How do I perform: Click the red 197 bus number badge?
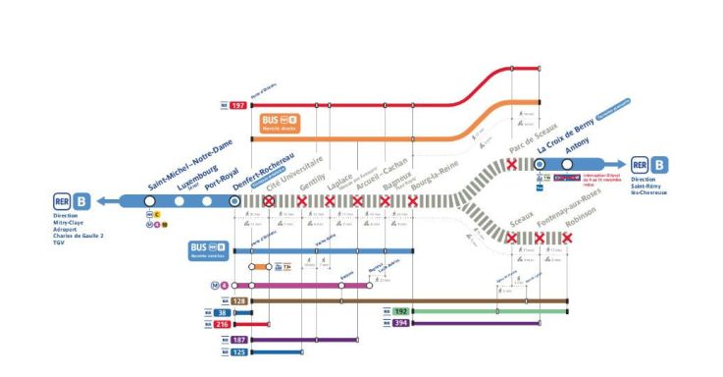point(239,105)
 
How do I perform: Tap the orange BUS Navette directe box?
point(280,124)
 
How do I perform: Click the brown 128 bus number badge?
point(237,300)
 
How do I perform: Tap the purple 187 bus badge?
point(238,340)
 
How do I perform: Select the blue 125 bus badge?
point(238,351)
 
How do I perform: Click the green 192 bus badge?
point(400,311)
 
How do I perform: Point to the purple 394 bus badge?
point(400,323)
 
